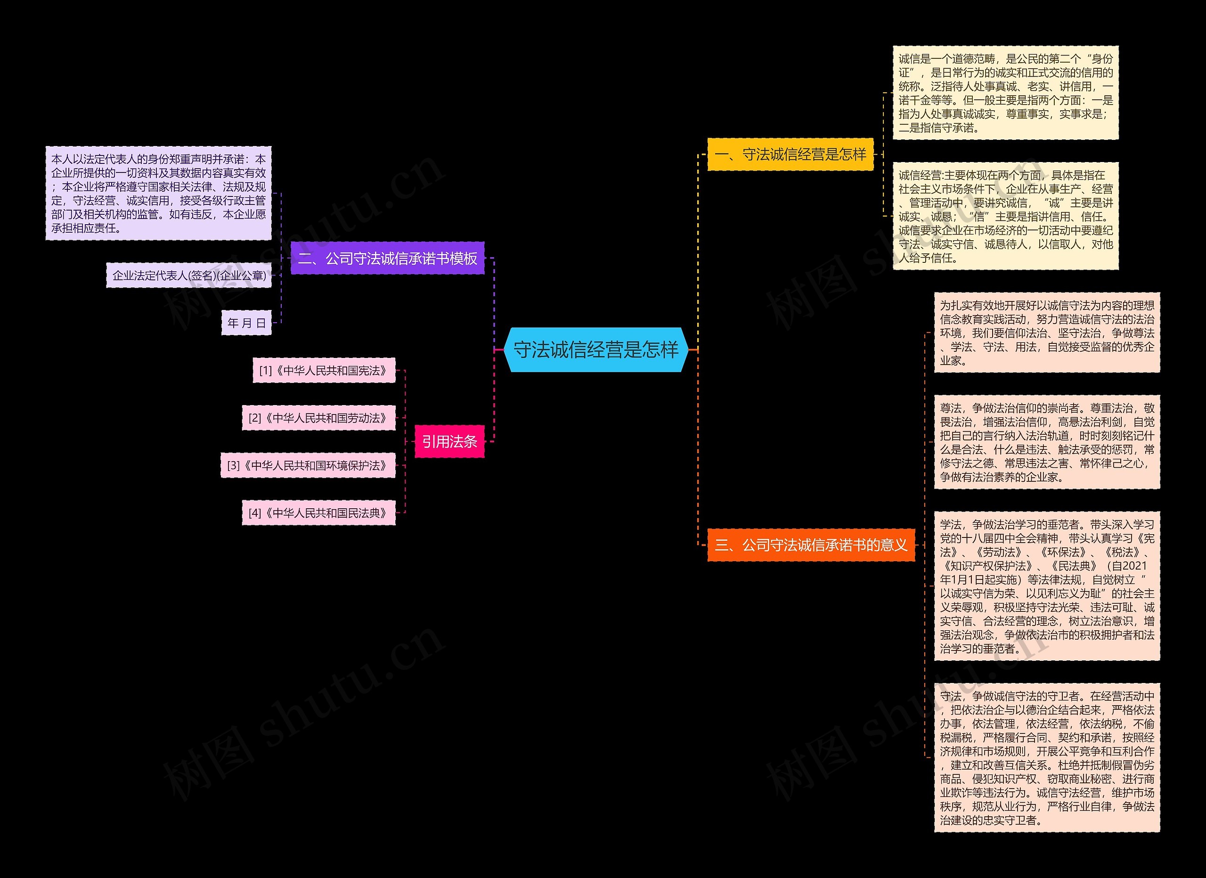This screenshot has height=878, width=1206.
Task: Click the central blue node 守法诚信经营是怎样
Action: (x=596, y=350)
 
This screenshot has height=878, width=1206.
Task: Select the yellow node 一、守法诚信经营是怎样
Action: (x=790, y=154)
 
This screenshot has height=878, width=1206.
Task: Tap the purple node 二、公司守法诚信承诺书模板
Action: (x=387, y=258)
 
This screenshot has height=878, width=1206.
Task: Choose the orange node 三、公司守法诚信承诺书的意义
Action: (x=811, y=545)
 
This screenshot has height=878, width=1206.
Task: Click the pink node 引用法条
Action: (x=449, y=441)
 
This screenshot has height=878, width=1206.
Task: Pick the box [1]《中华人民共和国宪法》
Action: (x=324, y=370)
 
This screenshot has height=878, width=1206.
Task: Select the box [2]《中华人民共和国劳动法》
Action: (x=318, y=417)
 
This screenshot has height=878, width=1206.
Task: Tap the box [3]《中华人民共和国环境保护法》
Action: (x=308, y=465)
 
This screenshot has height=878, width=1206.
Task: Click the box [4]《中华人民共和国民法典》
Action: (x=318, y=512)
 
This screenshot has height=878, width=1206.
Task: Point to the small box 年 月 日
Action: (x=246, y=322)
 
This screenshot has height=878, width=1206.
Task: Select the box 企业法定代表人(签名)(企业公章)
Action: (x=189, y=275)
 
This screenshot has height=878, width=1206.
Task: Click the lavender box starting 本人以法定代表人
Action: (x=158, y=193)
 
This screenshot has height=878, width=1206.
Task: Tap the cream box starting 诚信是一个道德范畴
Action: (x=1005, y=92)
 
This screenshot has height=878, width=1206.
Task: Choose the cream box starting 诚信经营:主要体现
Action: (x=1005, y=216)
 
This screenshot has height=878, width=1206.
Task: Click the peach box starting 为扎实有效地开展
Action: (x=1047, y=333)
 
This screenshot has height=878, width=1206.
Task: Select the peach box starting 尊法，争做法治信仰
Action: (x=1047, y=442)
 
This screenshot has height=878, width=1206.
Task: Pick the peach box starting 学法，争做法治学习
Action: (x=1047, y=586)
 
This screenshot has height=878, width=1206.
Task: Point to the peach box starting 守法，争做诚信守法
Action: (x=1047, y=758)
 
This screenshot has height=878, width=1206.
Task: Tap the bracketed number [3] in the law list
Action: (x=234, y=466)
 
